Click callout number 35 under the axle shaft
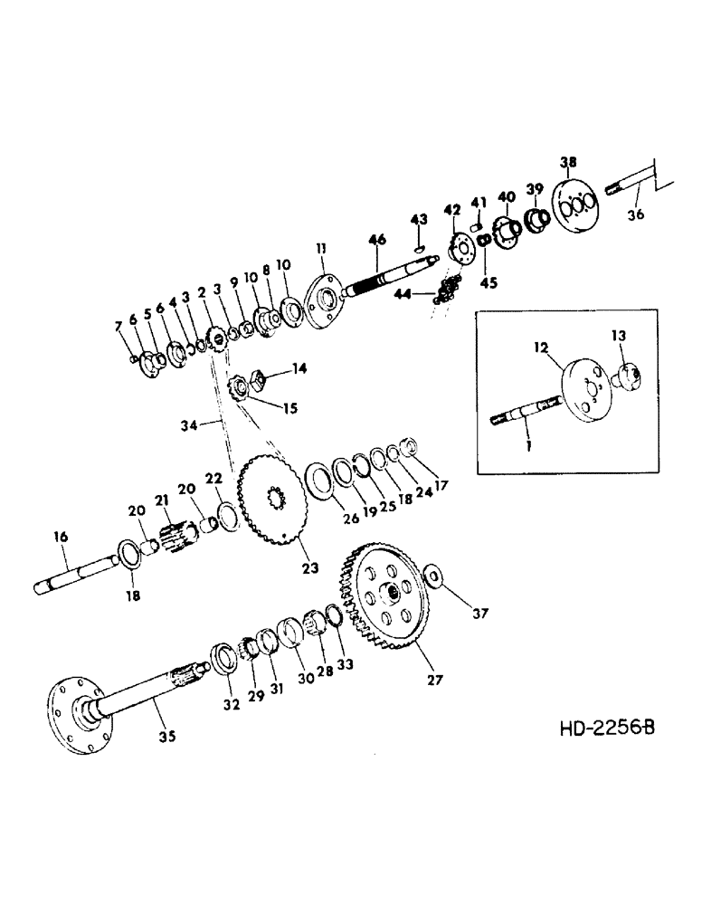point(166,736)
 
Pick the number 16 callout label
point(60,538)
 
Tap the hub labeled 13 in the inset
point(630,374)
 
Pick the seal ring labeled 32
point(222,655)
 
